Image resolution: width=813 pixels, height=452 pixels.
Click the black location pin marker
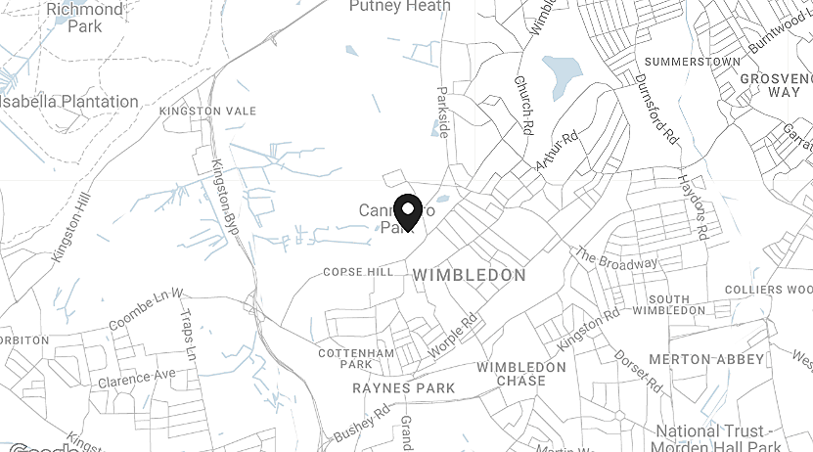408,211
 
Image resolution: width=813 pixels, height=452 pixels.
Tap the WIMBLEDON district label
470,276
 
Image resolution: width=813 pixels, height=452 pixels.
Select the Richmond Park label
85,18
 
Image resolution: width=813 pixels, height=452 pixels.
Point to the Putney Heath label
400,7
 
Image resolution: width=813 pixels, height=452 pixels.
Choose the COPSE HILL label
357,272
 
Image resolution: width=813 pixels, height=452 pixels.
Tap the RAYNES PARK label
403,388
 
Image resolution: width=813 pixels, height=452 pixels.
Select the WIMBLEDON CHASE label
521,374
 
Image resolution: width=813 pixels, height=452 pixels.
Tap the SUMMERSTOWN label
693,62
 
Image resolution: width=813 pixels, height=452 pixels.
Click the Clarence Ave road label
136,378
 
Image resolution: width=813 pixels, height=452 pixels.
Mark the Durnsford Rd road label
656,110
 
